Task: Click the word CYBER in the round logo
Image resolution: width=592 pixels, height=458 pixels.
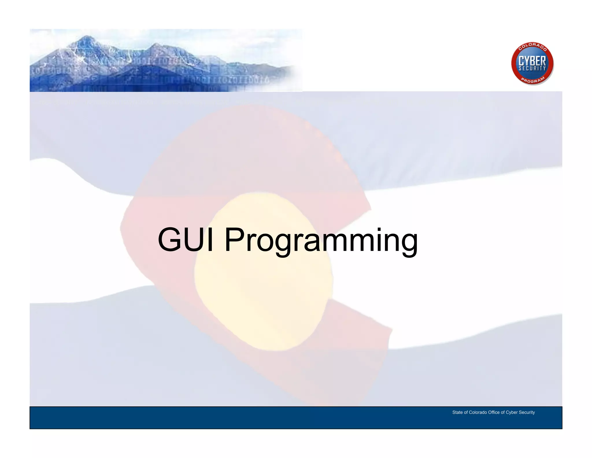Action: click(532, 61)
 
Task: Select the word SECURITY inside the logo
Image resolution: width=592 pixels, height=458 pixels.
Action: click(532, 69)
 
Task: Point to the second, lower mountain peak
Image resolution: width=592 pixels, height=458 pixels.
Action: click(156, 45)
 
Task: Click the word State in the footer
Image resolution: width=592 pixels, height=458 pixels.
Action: click(457, 412)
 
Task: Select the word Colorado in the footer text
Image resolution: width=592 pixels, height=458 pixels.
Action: click(478, 412)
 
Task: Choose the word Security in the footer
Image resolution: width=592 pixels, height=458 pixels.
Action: click(527, 412)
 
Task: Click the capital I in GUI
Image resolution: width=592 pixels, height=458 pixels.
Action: click(210, 240)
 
